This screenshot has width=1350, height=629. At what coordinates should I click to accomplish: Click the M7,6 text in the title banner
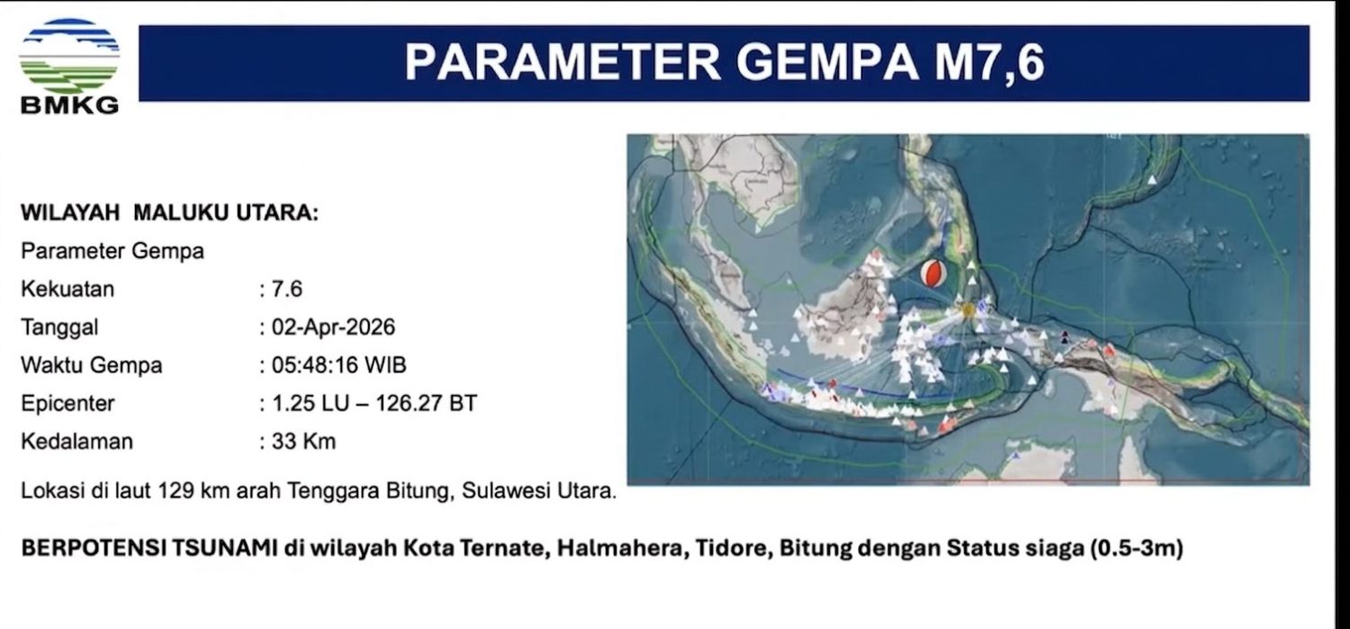(989, 62)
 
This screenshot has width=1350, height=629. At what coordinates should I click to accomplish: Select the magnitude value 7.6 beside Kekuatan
(287, 289)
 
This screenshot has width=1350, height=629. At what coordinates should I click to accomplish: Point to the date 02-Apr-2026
(333, 328)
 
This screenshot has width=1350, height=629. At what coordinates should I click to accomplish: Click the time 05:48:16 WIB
(338, 365)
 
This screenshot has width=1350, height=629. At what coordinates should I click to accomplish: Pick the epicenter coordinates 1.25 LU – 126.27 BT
(374, 403)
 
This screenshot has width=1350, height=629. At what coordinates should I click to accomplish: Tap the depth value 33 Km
(304, 442)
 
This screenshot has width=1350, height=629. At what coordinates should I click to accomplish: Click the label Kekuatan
(67, 289)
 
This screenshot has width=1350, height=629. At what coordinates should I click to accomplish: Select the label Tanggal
(59, 328)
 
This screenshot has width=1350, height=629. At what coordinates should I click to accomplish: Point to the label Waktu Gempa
(92, 365)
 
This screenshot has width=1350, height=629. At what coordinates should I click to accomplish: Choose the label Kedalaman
(77, 442)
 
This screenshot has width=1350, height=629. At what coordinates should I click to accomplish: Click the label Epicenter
(67, 404)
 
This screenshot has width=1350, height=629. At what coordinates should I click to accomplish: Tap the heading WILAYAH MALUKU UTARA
(169, 212)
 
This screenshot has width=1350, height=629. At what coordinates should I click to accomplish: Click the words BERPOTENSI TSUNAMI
(149, 548)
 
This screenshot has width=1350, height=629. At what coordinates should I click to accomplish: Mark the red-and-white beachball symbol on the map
(933, 274)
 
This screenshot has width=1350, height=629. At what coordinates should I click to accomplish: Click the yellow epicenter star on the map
(967, 310)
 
